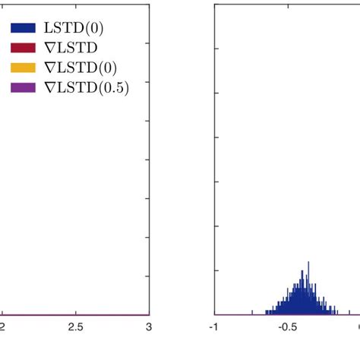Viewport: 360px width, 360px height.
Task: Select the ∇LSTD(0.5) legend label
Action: (87, 88)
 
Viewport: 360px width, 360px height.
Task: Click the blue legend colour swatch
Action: (23, 30)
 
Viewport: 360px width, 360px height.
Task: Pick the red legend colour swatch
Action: (23, 49)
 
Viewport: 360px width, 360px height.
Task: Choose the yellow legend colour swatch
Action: (23, 69)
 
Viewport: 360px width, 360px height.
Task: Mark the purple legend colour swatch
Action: (23, 88)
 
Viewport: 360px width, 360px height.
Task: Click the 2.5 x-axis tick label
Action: (75, 327)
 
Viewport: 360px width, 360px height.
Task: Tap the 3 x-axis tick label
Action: (149, 327)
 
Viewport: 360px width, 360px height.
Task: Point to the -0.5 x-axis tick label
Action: (286, 327)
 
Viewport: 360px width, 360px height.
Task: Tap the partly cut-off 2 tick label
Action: (2, 327)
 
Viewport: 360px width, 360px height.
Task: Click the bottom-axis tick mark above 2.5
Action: (75, 312)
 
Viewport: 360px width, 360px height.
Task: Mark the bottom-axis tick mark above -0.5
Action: (288, 312)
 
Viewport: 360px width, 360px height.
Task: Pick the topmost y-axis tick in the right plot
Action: (216, 49)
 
